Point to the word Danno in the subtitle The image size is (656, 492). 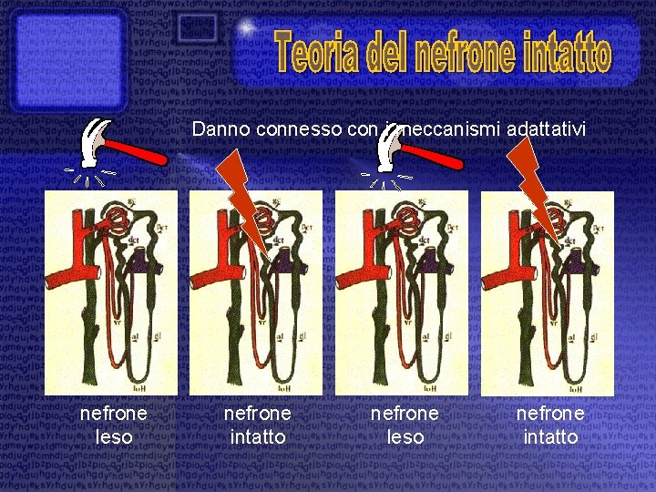click(221, 130)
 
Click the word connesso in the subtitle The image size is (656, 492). click(313, 130)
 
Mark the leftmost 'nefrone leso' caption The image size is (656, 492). click(114, 425)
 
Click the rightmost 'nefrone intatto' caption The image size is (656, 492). click(550, 425)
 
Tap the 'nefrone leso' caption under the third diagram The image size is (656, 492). click(405, 425)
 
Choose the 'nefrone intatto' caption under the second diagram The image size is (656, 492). click(258, 425)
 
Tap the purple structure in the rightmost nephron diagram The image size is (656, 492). click(579, 261)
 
